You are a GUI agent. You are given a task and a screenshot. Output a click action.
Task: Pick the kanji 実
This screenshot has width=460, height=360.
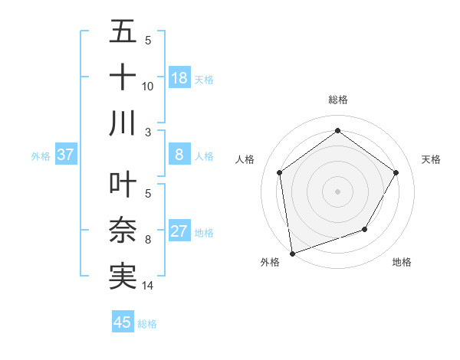(x=123, y=276)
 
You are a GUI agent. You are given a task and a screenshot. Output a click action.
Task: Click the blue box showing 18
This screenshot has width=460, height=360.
(x=179, y=78)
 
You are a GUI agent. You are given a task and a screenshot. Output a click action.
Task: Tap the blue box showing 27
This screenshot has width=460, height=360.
(x=179, y=231)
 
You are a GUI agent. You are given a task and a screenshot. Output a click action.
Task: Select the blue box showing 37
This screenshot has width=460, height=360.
(x=66, y=155)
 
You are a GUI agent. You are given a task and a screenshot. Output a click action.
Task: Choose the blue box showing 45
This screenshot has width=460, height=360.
(x=123, y=322)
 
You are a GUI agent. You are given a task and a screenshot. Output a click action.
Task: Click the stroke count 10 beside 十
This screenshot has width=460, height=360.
(x=148, y=87)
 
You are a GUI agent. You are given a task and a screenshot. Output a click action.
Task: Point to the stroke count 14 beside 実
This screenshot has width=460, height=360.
(x=148, y=286)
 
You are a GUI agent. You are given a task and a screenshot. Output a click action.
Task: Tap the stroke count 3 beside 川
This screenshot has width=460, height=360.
(x=148, y=133)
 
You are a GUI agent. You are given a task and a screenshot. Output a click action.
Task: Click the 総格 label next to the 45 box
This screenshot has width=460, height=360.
(x=147, y=324)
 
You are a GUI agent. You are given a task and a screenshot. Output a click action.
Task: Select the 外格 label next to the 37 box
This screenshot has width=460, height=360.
(x=41, y=156)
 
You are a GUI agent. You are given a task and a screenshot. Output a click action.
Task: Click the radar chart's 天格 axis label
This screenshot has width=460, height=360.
(x=431, y=159)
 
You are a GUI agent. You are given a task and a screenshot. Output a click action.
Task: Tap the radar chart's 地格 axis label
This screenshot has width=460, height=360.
(x=402, y=262)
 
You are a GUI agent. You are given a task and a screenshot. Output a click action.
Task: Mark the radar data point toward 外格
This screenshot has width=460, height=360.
(x=292, y=253)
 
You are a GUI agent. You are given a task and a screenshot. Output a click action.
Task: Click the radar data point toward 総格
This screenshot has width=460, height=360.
(x=337, y=131)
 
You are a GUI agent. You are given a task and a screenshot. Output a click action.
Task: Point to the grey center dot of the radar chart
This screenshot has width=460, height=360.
(x=337, y=191)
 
